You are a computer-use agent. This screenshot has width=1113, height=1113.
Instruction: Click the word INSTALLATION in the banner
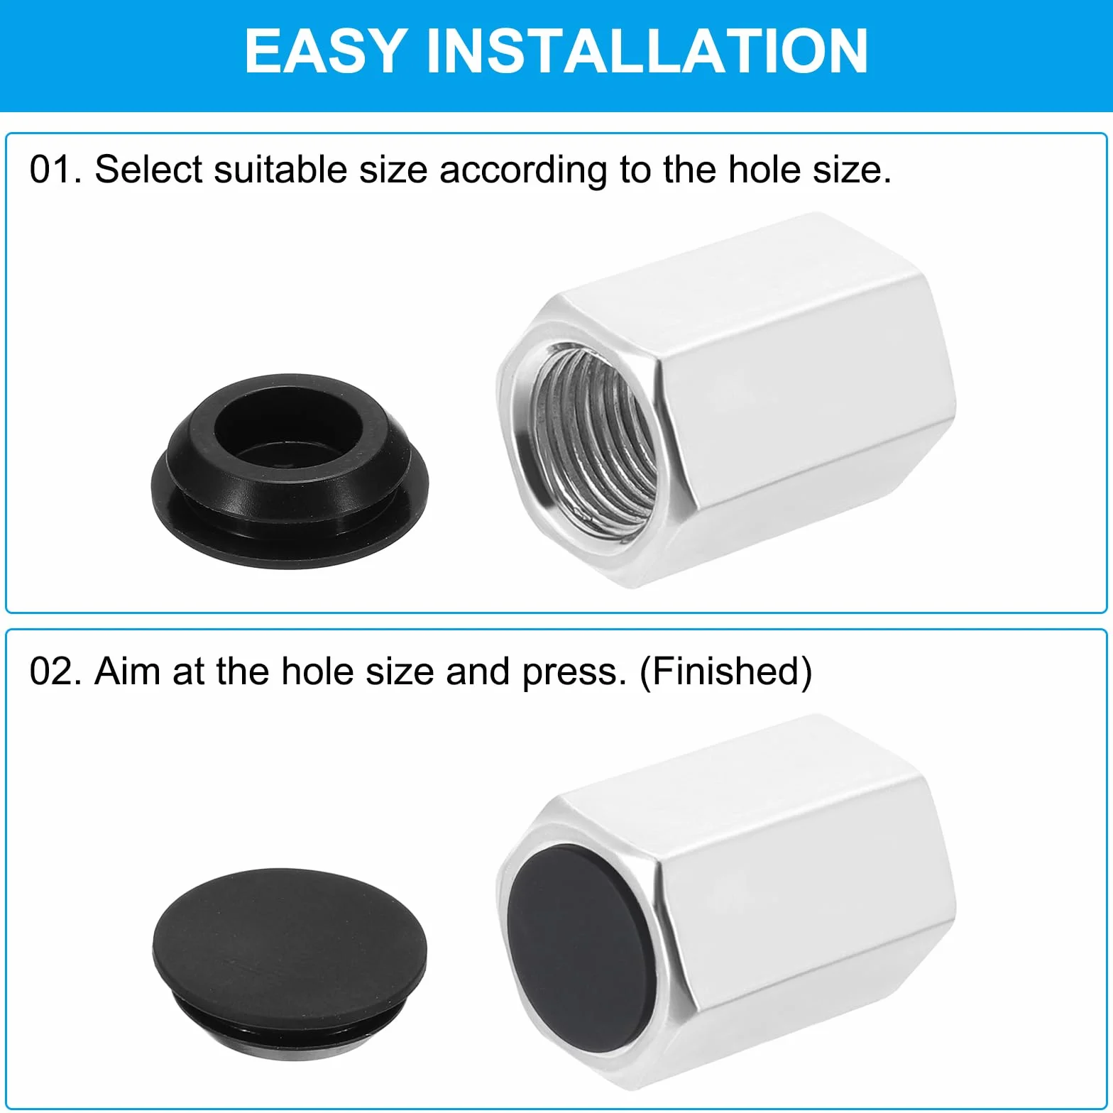click(x=647, y=50)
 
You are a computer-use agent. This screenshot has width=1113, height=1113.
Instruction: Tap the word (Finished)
click(x=726, y=672)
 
